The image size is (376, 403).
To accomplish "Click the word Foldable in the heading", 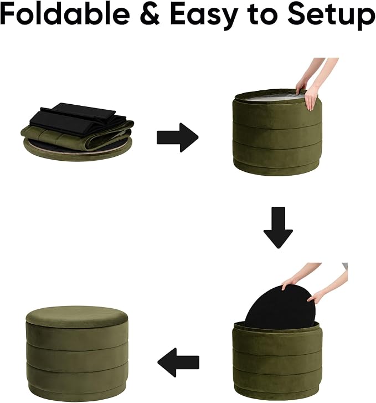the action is tap(65, 14).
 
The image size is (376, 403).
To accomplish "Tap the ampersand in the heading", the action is tap(150, 14).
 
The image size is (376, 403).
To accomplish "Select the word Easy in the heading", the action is tap(204, 17).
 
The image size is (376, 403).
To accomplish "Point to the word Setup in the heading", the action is tap(331, 17).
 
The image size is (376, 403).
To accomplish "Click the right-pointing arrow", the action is tap(177, 137).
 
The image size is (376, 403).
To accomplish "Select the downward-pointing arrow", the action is tap(278, 227).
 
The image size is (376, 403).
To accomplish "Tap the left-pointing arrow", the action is tap(178, 363).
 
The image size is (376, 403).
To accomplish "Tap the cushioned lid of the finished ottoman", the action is tap(77, 317).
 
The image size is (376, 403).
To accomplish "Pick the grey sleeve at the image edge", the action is tap(344, 266).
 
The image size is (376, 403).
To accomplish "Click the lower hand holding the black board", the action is tap(316, 297).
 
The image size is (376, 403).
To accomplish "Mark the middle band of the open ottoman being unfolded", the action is tap(277, 133).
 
